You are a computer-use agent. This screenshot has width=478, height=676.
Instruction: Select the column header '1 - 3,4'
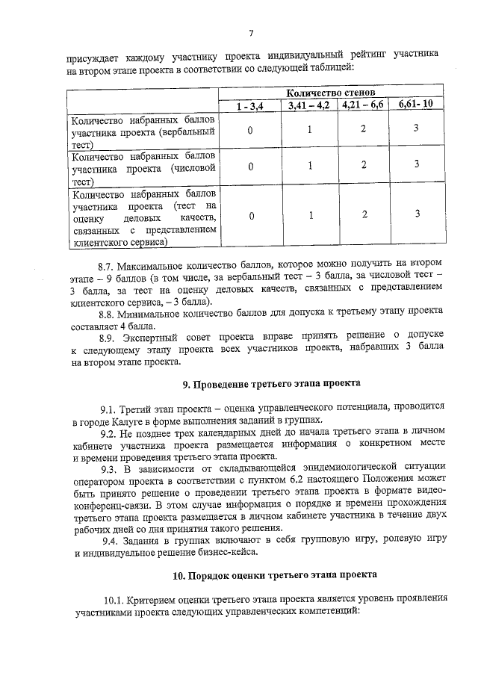251,107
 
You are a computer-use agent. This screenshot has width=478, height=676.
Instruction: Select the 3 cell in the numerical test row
416,164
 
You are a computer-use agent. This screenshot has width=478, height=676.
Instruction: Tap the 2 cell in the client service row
363,214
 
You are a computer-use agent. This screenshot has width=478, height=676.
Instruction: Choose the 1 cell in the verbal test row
308,130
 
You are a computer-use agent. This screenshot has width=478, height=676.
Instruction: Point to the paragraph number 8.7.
111,266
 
